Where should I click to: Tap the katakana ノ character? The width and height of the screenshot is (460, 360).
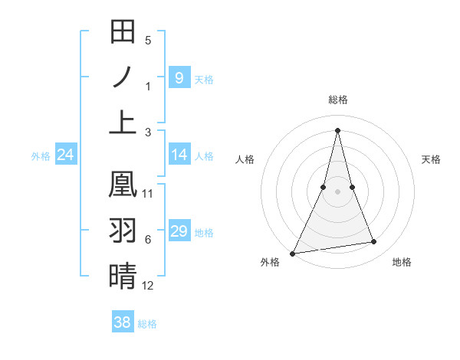[123, 77]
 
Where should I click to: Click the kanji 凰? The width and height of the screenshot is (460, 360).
[123, 185]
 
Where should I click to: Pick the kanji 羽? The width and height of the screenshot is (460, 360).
[123, 231]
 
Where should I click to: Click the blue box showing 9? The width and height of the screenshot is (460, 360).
[179, 77]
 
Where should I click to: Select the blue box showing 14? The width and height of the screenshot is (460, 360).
[179, 155]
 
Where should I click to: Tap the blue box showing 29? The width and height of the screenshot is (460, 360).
[179, 231]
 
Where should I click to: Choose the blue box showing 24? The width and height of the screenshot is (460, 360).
[65, 155]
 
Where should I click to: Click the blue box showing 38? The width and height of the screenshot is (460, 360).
[122, 322]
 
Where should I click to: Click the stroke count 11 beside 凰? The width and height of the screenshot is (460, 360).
[148, 194]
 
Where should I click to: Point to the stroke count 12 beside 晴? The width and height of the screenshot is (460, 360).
[148, 286]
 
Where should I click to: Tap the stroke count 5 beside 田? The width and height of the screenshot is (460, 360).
[148, 40]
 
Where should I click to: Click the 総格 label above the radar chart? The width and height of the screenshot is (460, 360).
[337, 100]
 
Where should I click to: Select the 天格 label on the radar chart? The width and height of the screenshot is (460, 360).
[432, 159]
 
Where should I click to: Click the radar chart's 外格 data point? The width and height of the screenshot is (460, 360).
[293, 253]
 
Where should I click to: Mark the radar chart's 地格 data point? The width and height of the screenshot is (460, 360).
[374, 242]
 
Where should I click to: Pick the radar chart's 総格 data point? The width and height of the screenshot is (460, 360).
[337, 130]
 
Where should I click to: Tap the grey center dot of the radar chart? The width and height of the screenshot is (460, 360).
[337, 191]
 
